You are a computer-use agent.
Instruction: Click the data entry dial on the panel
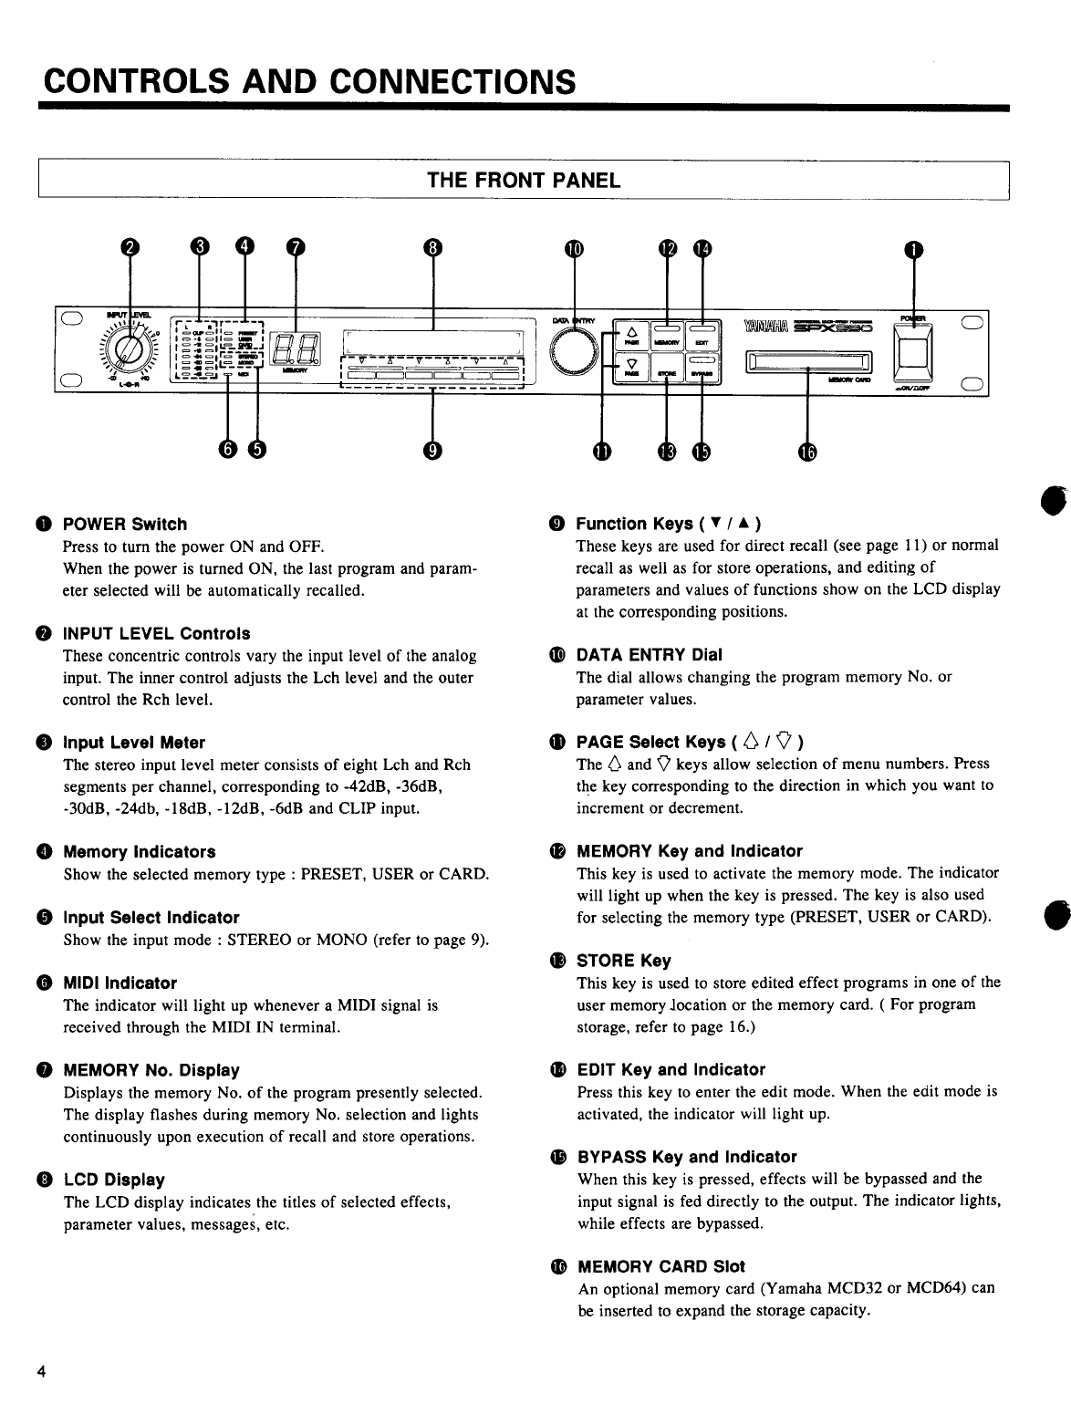(577, 350)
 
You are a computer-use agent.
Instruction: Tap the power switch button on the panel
(913, 350)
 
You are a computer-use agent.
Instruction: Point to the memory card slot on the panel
(809, 363)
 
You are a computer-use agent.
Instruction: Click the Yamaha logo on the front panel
(764, 326)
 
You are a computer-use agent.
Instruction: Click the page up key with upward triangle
(631, 331)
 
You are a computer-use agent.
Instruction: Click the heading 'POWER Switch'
(124, 524)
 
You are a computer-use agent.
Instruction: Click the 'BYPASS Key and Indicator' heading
(687, 1157)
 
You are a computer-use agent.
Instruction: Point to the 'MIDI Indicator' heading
(120, 983)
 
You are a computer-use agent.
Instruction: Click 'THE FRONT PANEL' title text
(524, 180)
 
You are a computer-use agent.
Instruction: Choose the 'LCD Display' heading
(114, 1180)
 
